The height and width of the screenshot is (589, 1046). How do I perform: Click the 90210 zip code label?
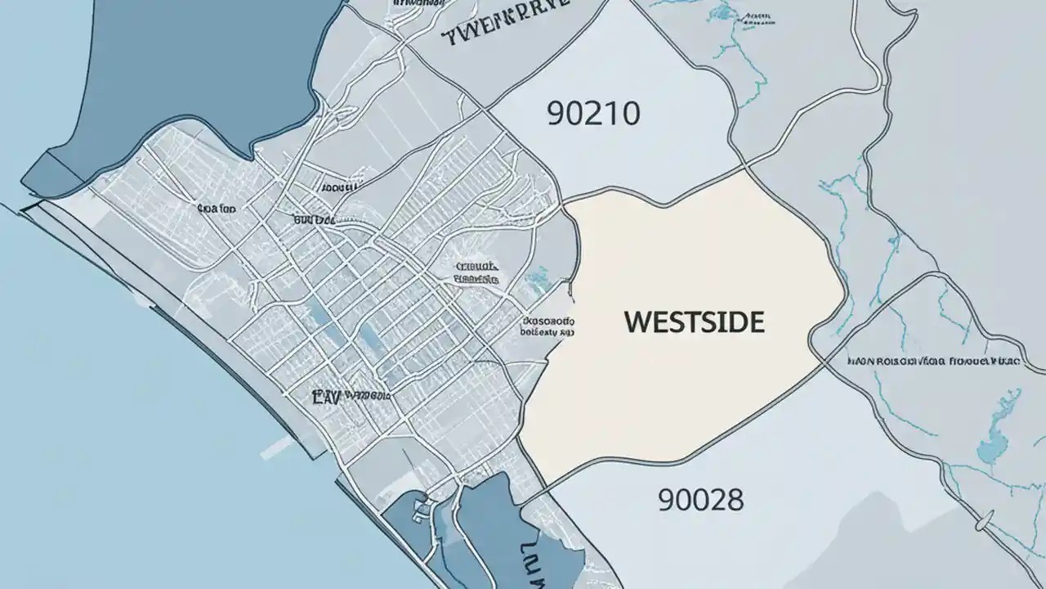(x=593, y=114)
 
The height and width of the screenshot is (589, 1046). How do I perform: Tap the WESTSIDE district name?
(x=694, y=321)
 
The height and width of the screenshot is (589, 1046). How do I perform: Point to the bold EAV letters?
(x=329, y=398)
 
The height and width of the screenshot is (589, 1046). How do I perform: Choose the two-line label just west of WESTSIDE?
(x=548, y=327)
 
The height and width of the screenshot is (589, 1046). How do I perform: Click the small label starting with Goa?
(x=217, y=209)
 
